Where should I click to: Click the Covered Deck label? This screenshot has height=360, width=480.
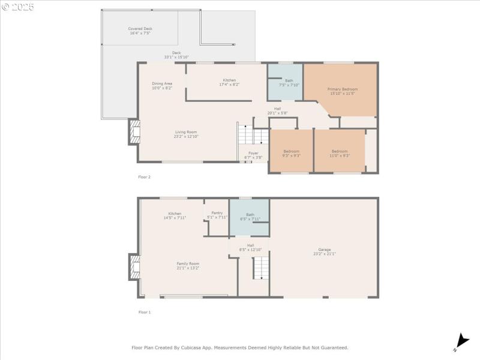click(x=140, y=31)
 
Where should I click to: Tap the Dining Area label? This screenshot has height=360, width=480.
click(x=162, y=86)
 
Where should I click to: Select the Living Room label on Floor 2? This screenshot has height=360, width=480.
click(x=186, y=134)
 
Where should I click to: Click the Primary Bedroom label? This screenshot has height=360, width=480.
click(x=343, y=91)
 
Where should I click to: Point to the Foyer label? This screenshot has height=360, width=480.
click(x=253, y=155)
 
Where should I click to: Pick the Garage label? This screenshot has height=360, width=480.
click(x=325, y=251)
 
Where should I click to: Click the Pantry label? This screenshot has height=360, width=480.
click(x=217, y=215)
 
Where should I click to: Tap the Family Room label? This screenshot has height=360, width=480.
click(x=188, y=265)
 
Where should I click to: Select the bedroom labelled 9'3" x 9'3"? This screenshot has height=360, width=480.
click(x=291, y=153)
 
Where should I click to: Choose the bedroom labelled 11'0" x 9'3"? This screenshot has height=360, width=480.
click(x=340, y=153)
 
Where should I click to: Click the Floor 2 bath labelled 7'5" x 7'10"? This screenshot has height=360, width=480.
click(x=289, y=83)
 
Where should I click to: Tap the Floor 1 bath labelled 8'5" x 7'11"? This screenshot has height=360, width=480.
click(x=250, y=217)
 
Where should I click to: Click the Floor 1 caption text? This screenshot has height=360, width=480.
click(x=145, y=312)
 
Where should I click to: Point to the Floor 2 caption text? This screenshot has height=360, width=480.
click(x=145, y=177)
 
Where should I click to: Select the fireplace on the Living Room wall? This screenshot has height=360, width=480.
click(x=134, y=132)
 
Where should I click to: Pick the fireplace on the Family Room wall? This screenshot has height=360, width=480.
click(x=134, y=267)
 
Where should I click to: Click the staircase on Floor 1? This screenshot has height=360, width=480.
click(x=260, y=268)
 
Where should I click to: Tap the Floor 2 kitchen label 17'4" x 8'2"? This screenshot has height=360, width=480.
click(x=230, y=82)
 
